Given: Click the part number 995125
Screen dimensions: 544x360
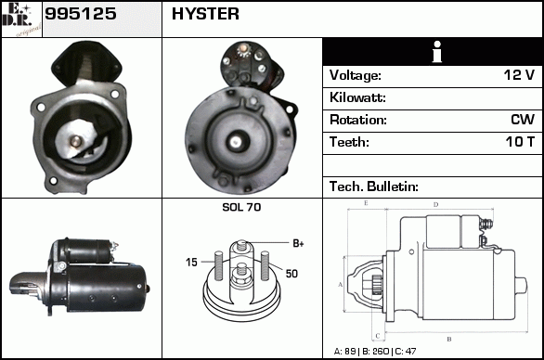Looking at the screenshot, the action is (81, 14).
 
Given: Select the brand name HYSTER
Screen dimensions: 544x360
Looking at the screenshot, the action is (205, 14).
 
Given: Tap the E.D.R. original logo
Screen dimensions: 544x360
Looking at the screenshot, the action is (21, 19).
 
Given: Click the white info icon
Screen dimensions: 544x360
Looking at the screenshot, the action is (437, 52).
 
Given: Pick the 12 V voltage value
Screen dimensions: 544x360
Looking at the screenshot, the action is (519, 75).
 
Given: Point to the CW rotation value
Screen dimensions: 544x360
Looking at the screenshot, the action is (523, 120).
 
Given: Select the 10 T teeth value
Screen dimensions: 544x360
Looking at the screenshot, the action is (520, 142).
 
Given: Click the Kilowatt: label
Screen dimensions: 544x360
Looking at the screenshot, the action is (357, 97).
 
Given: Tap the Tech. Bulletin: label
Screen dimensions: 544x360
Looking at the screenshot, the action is (374, 186).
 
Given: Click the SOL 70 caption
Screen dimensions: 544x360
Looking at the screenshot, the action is (241, 207).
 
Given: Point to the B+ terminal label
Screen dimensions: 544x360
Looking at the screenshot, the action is (298, 243).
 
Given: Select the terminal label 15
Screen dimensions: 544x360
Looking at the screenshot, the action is (191, 263).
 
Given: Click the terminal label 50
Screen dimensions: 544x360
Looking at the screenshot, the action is (291, 274).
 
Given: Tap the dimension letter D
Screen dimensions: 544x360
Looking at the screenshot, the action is (435, 205).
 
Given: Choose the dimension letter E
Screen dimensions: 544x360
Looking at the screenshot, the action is (366, 203).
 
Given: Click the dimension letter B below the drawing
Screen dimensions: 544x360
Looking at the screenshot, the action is (449, 340).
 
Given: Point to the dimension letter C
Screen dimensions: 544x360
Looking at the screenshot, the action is (378, 336).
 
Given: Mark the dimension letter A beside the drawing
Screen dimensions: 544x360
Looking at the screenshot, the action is (341, 285).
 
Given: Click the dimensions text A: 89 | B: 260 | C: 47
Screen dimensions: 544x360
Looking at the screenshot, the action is (375, 352).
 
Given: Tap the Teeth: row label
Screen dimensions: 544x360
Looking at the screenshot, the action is (349, 142).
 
